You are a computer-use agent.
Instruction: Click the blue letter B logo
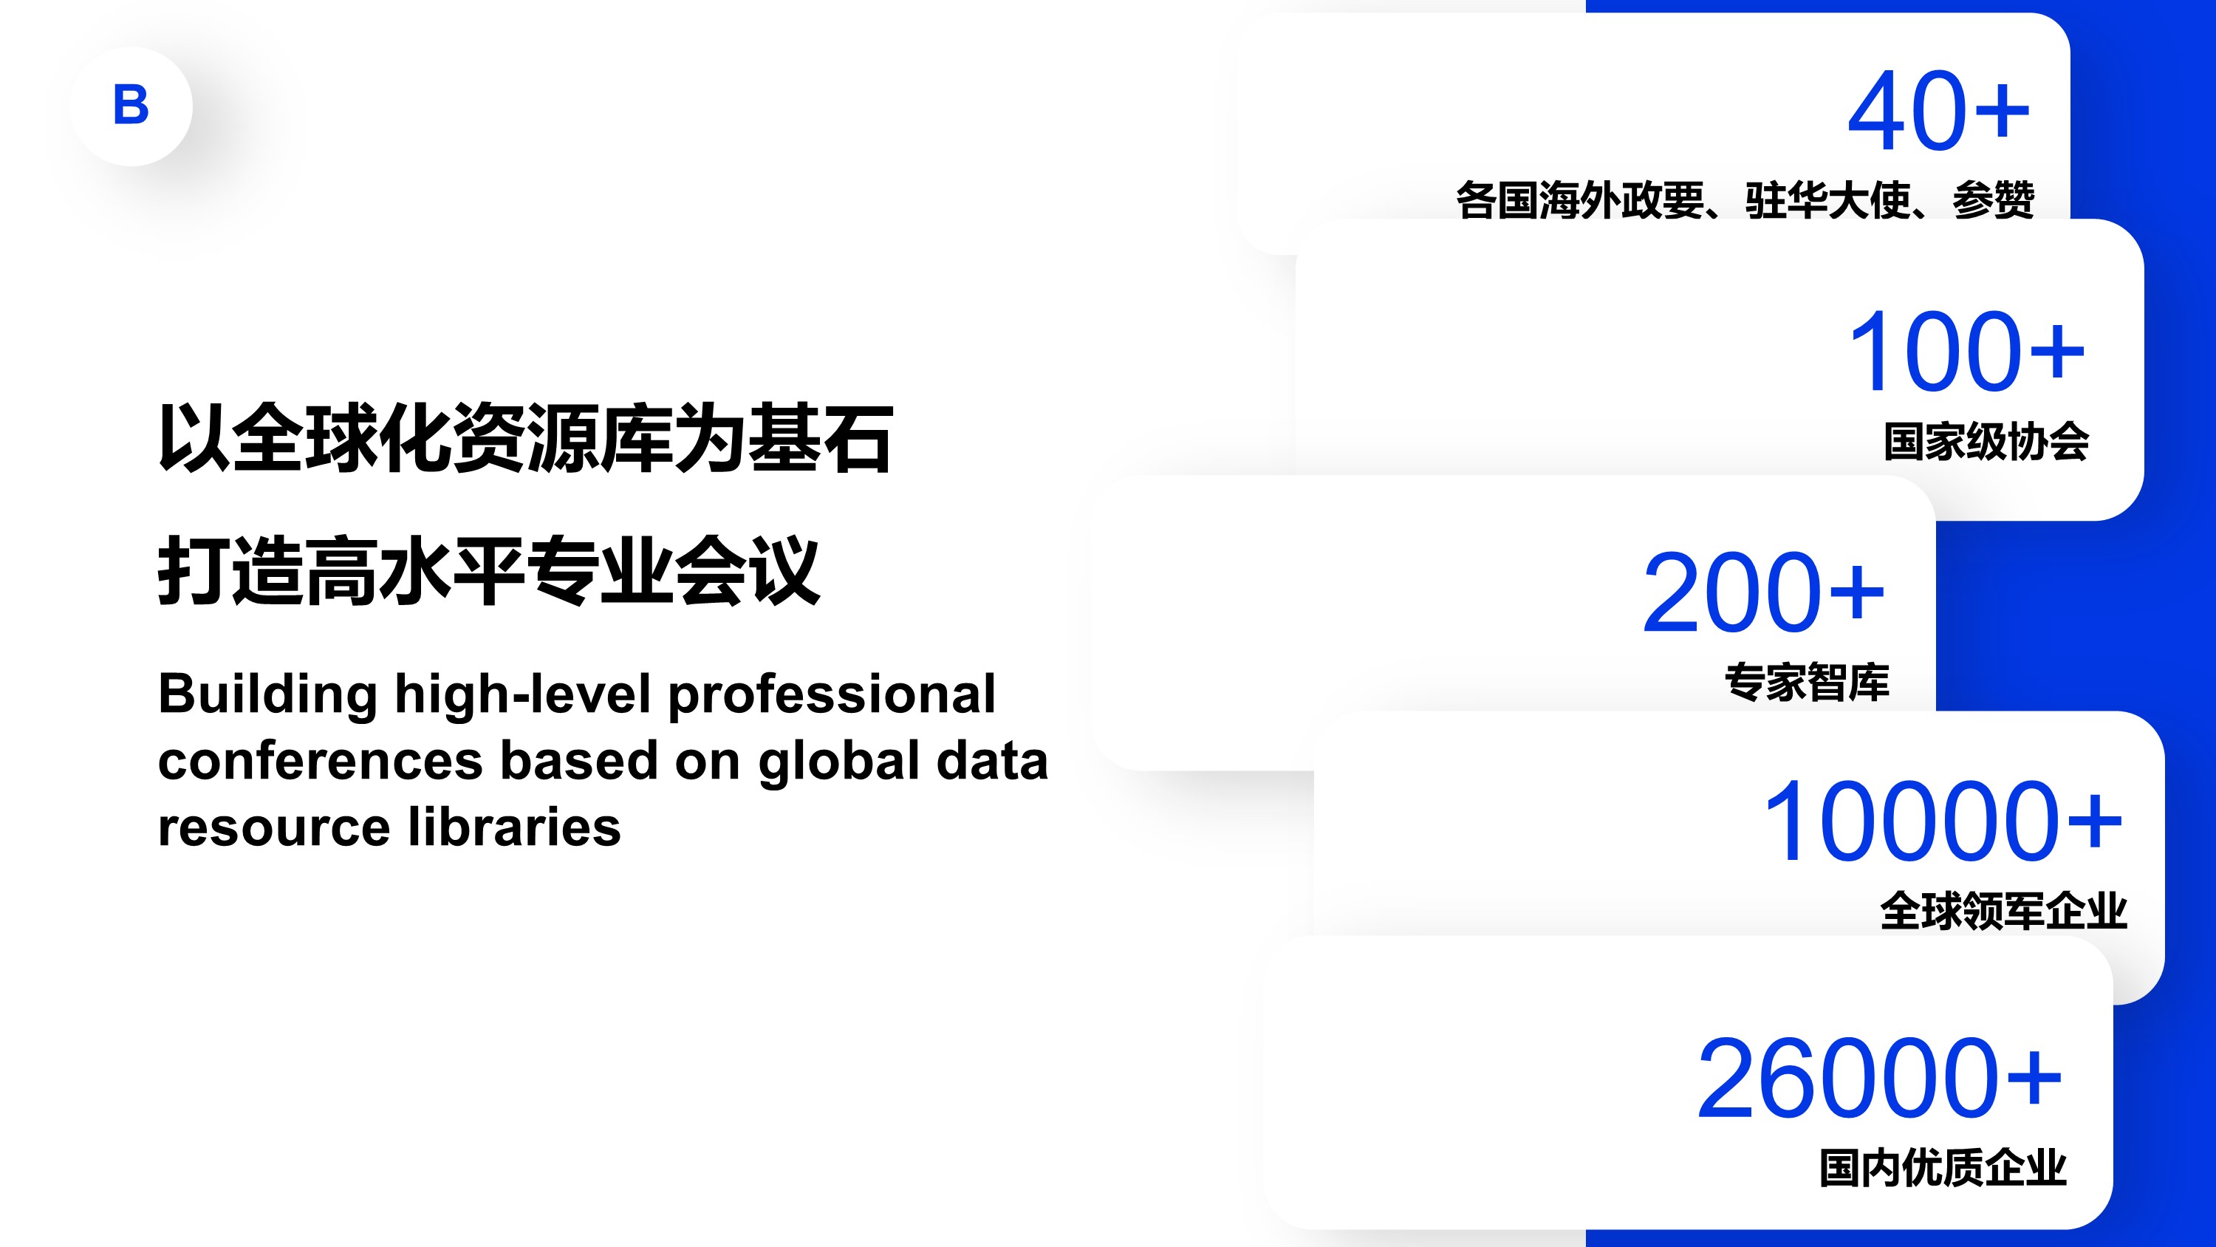(x=131, y=105)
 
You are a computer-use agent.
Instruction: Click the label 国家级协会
(x=1986, y=442)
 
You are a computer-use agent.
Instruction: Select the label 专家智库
(x=1808, y=683)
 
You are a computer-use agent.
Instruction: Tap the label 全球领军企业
(x=2003, y=912)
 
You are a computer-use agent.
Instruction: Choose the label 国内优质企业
(x=1943, y=1168)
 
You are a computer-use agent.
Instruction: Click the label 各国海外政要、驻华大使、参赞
(x=1745, y=200)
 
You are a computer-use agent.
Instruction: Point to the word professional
(x=832, y=694)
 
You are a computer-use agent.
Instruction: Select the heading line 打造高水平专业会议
(x=488, y=570)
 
